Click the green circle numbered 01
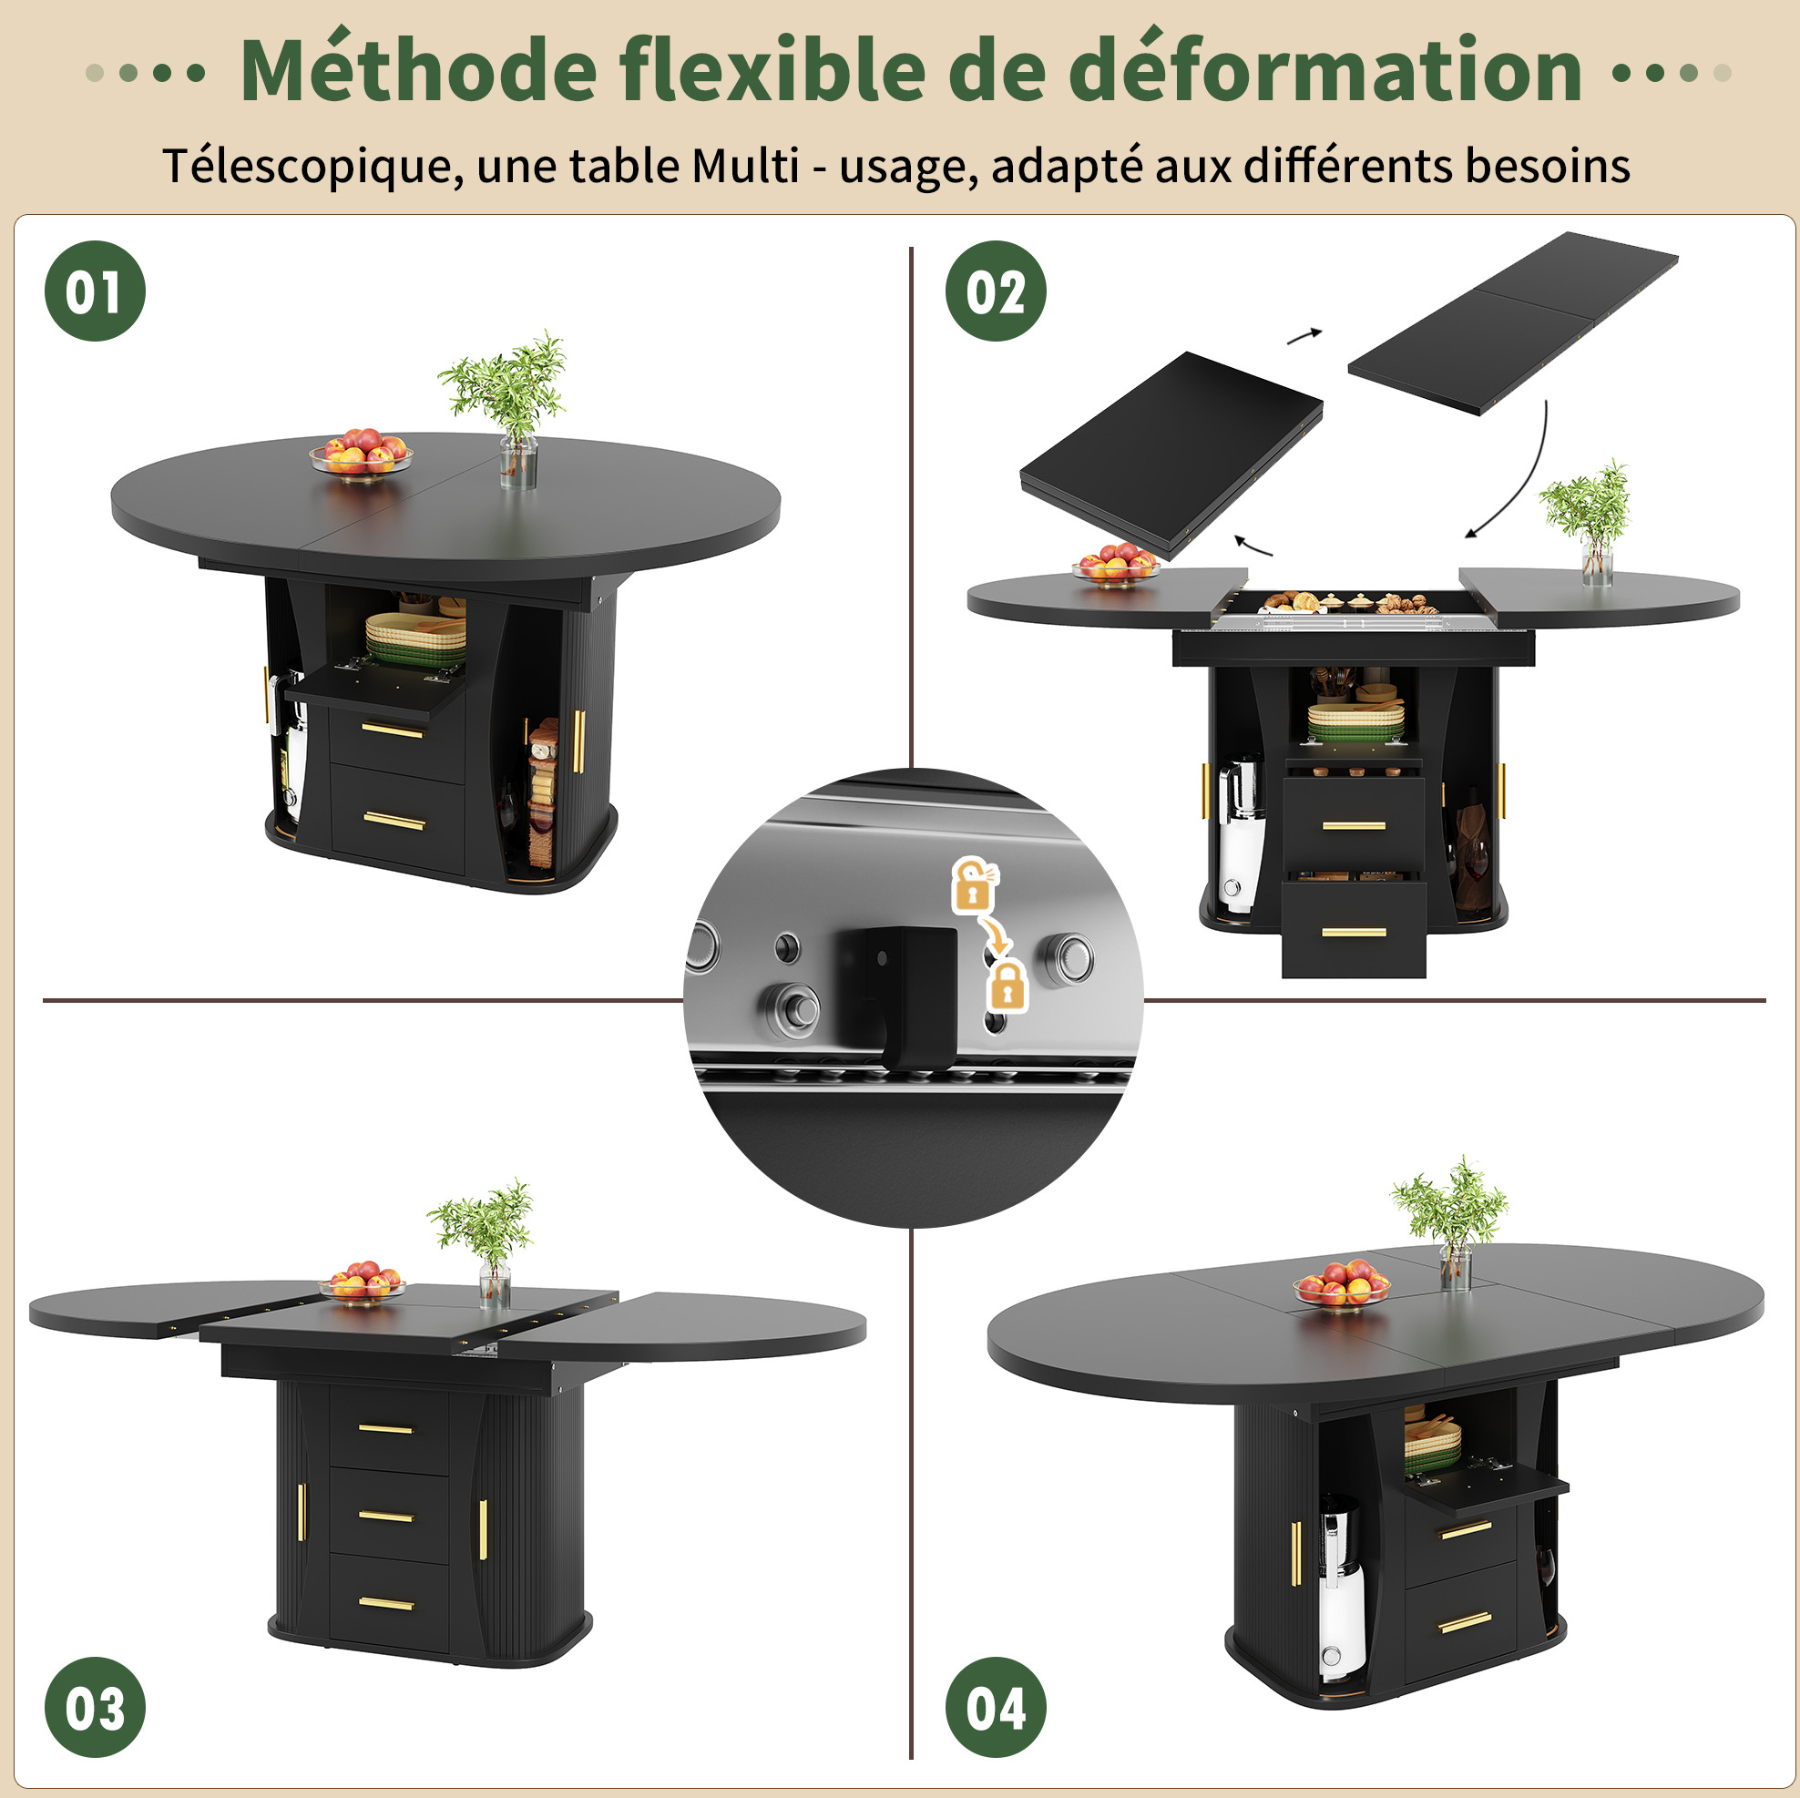click(x=94, y=291)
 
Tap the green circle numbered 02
click(x=996, y=291)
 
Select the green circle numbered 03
click(x=94, y=1707)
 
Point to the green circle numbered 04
click(x=996, y=1707)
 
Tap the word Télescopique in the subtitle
click(x=313, y=168)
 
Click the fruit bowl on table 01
click(x=361, y=454)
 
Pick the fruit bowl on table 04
click(x=1341, y=1284)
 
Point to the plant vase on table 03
click(x=494, y=1282)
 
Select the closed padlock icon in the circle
click(x=1007, y=986)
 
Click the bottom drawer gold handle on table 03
click(x=386, y=1603)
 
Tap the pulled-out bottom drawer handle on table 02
click(x=1353, y=933)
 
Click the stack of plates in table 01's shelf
click(x=415, y=638)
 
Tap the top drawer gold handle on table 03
click(x=385, y=1428)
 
